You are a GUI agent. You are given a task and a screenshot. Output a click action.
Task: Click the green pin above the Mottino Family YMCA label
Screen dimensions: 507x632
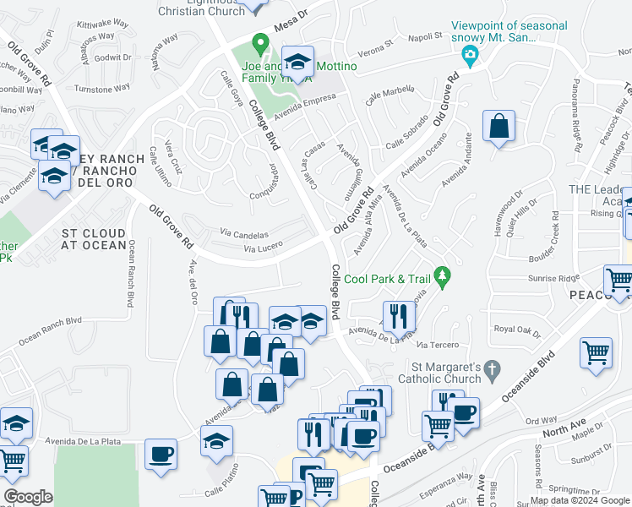(261, 41)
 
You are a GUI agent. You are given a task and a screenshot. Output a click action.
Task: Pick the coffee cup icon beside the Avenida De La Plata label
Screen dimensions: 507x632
(161, 455)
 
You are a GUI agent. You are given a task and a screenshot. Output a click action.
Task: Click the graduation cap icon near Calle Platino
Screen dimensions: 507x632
(216, 441)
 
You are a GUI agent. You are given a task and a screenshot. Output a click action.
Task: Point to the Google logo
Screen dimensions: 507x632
(28, 497)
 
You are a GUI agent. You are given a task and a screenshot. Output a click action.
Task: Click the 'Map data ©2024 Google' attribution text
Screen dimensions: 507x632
(580, 500)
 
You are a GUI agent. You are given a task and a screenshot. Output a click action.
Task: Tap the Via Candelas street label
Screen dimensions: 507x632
(244, 234)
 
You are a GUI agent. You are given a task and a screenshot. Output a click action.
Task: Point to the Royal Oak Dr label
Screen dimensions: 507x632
(515, 330)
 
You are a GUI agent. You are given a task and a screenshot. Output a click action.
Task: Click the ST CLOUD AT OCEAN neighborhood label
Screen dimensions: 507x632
(93, 239)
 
